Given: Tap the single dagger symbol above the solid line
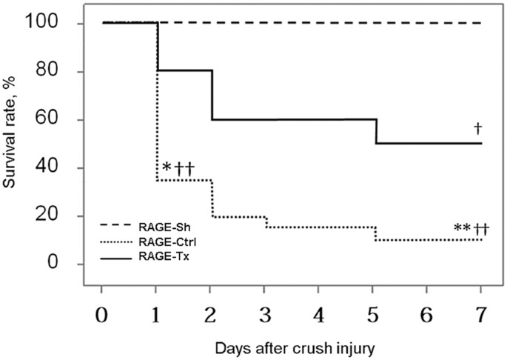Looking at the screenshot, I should tap(478, 128).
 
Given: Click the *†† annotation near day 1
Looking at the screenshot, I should tap(178, 167).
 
